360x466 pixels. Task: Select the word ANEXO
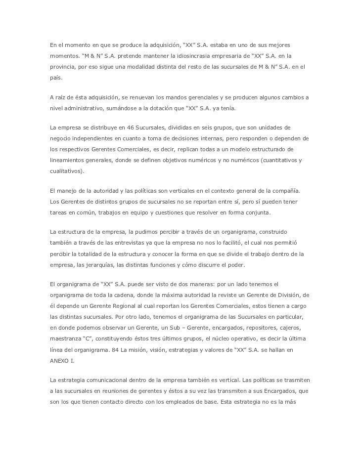click(x=60, y=361)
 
